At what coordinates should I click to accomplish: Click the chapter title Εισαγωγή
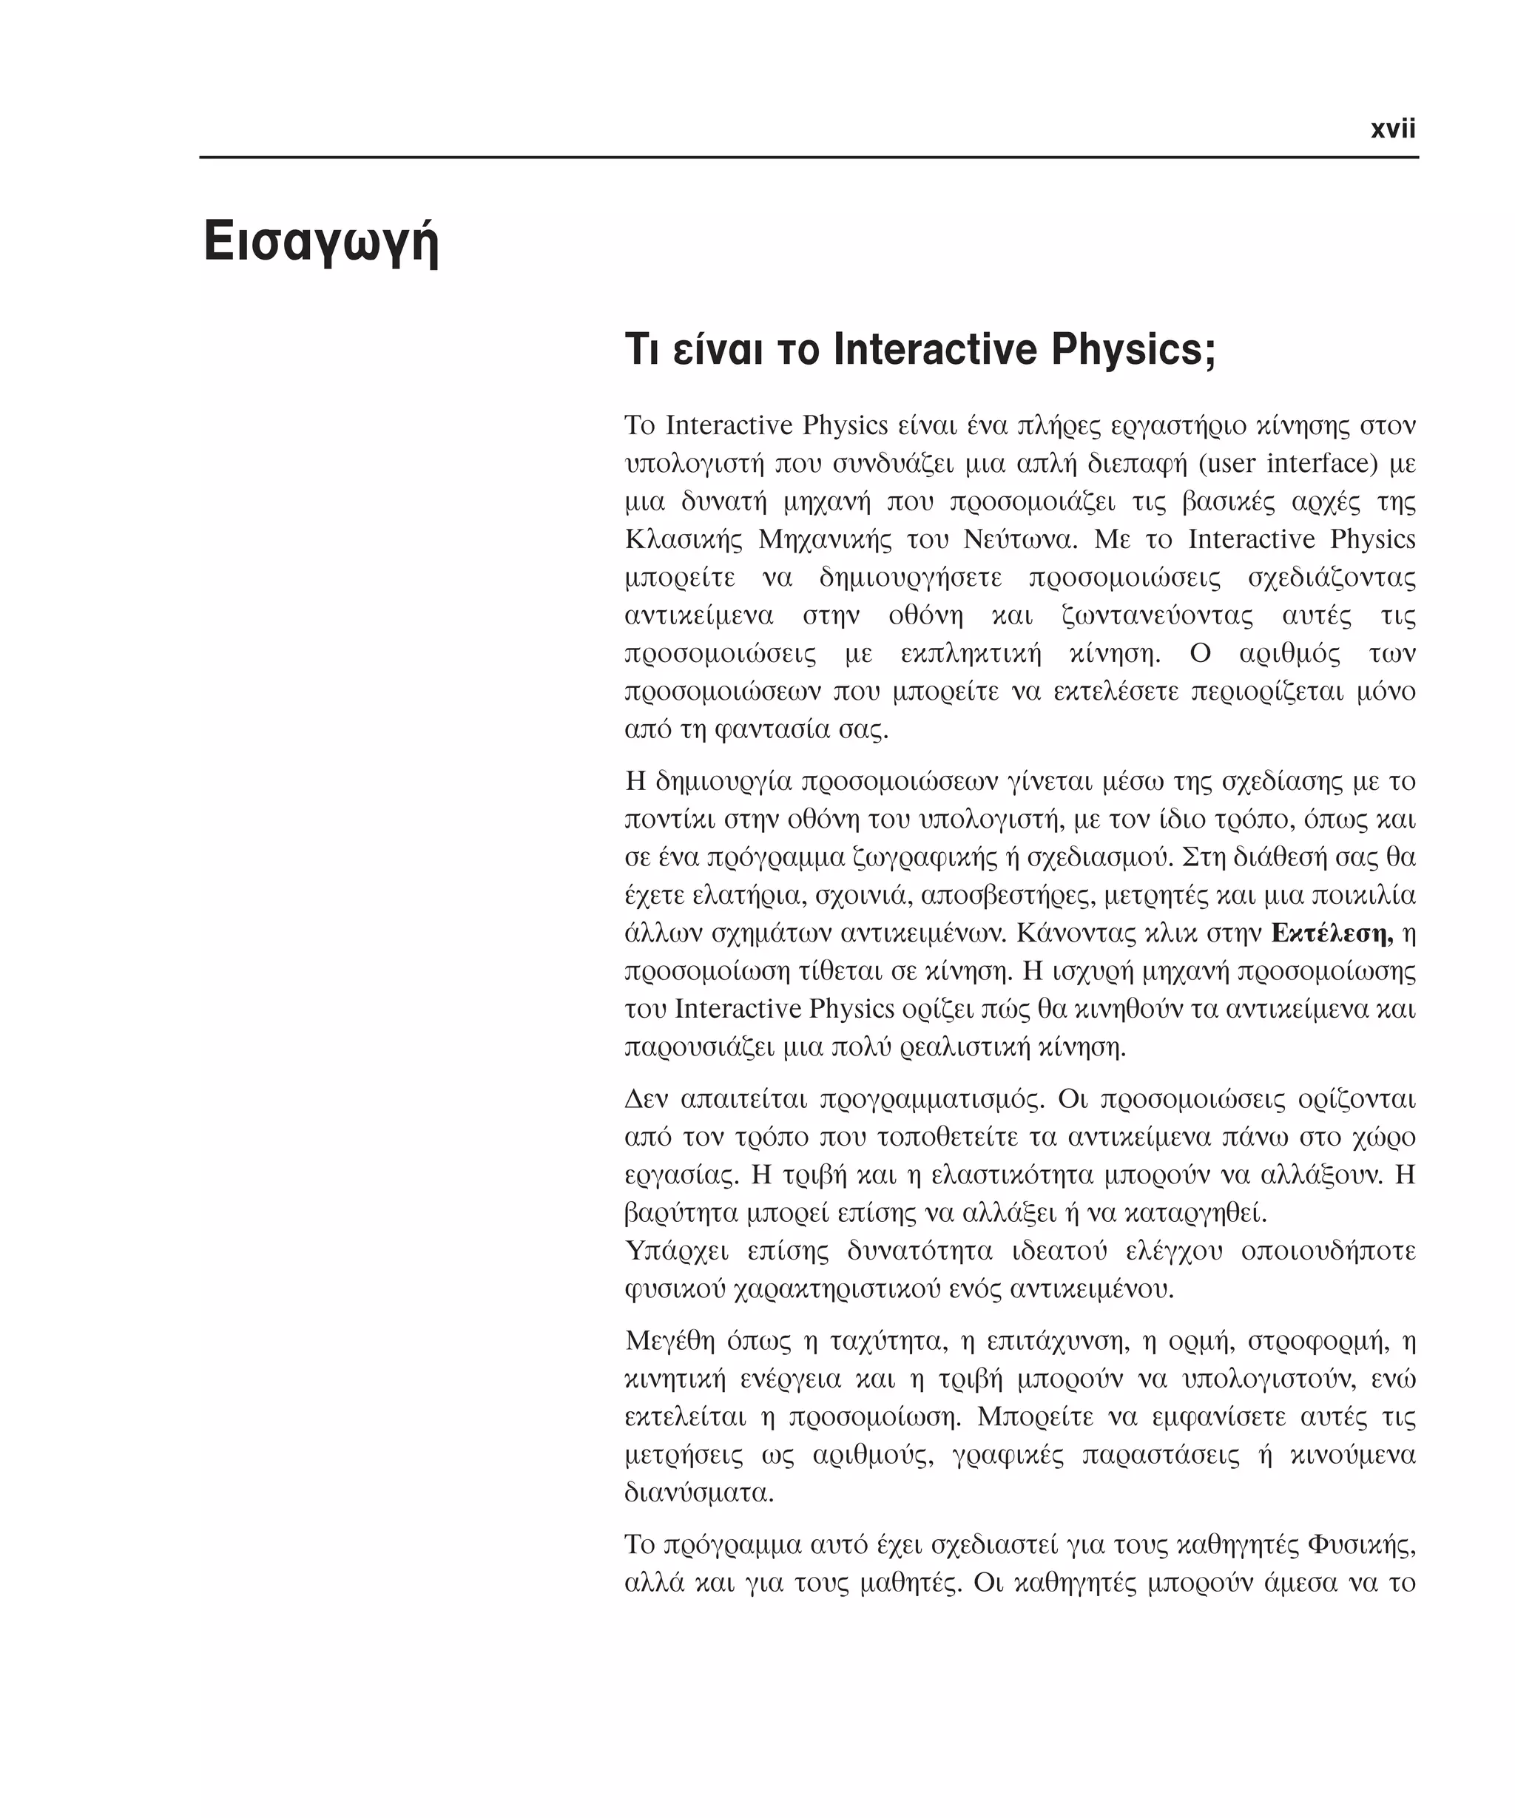321,244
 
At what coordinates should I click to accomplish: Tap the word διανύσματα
698,1493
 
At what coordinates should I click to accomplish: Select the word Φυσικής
1361,1544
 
